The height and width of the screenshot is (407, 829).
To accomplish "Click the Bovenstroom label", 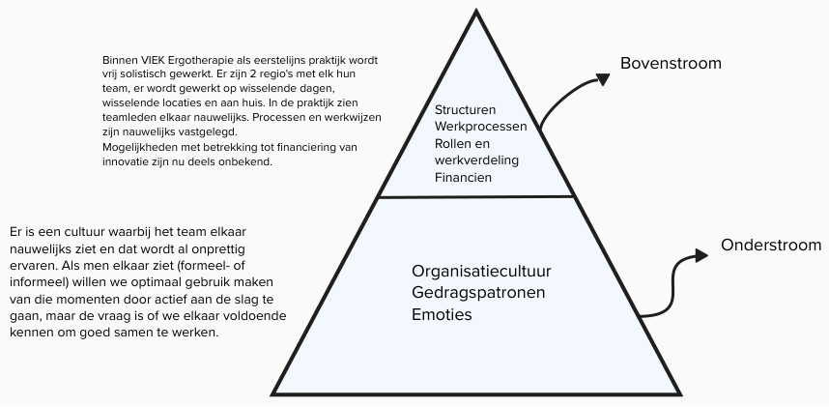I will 671,64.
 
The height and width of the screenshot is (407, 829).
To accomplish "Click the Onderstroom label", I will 771,246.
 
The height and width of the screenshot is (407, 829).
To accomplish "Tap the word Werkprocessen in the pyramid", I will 480,128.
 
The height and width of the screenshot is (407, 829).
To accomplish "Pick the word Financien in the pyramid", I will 464,178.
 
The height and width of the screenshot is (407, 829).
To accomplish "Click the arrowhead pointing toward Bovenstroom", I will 603,77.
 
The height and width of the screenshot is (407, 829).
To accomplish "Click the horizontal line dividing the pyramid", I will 475,196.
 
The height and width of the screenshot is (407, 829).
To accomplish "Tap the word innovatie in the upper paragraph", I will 126,161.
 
